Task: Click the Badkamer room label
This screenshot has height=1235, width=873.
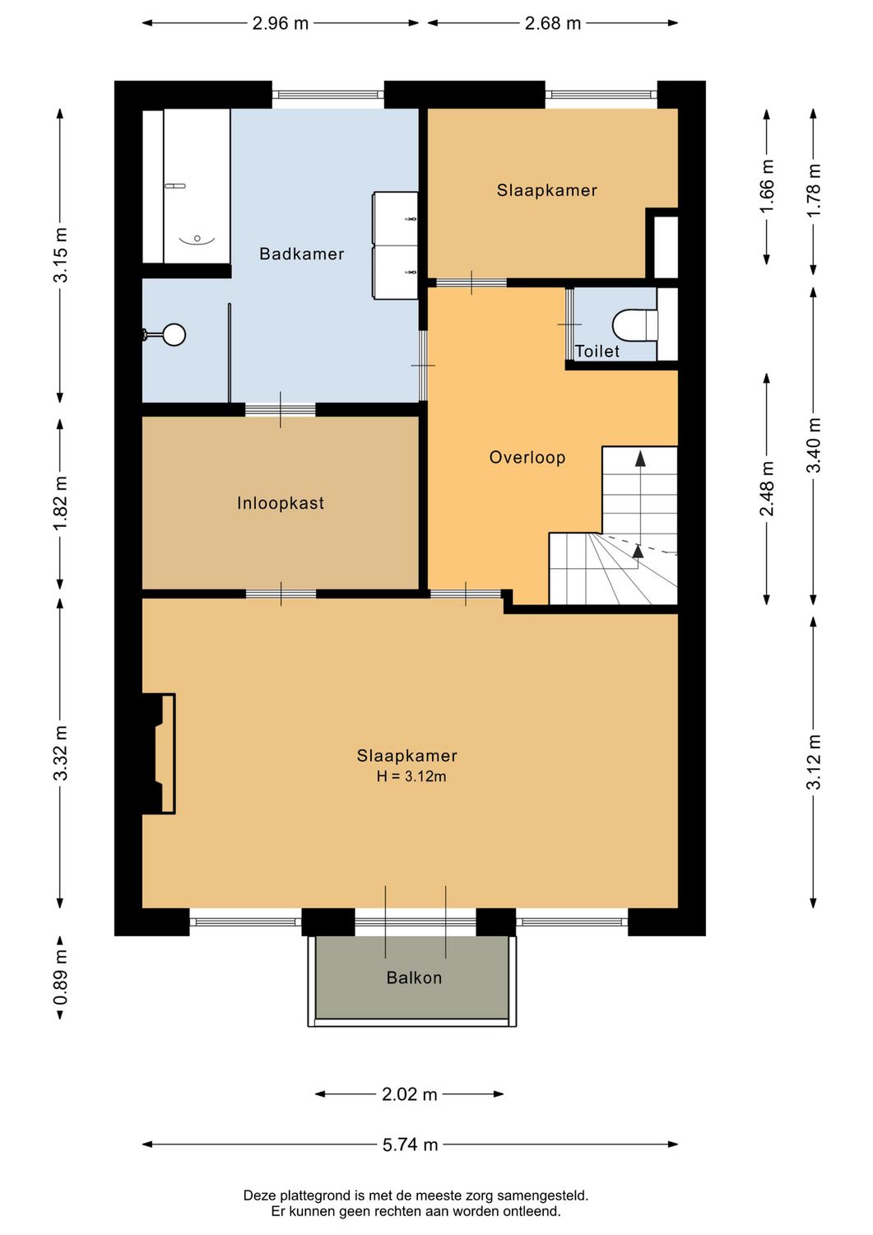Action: [x=301, y=254]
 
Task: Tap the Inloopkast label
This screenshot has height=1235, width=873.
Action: [x=281, y=503]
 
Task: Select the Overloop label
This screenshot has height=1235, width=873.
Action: [x=527, y=458]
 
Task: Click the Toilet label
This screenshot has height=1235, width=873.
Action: [x=597, y=352]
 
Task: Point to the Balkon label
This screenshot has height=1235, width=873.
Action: [x=414, y=978]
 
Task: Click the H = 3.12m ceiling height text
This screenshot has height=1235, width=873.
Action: [x=411, y=776]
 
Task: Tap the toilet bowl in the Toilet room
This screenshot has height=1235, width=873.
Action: [x=634, y=324]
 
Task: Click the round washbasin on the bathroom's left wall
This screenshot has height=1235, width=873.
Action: [x=174, y=334]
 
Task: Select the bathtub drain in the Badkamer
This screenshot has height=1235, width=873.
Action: [x=197, y=238]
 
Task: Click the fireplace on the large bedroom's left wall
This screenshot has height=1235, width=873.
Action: [x=161, y=753]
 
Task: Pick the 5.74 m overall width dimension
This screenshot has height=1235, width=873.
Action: [x=410, y=1144]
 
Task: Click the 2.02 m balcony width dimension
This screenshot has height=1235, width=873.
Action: [x=409, y=1094]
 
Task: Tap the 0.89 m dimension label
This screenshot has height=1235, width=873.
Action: [x=61, y=977]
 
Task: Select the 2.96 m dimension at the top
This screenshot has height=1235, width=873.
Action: [x=281, y=23]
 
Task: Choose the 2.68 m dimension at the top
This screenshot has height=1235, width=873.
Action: [x=553, y=23]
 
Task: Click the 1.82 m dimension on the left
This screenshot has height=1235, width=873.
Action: [x=61, y=503]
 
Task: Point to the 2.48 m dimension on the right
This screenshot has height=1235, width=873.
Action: [x=767, y=488]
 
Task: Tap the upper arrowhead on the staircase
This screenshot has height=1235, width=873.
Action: [x=640, y=459]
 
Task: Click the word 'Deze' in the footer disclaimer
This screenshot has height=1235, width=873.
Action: [x=259, y=1195]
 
